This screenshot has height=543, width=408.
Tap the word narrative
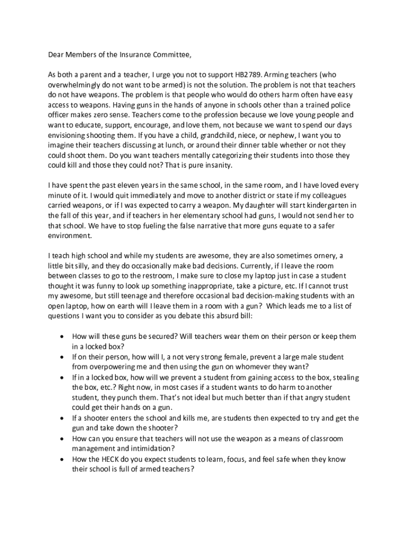coord(247,225)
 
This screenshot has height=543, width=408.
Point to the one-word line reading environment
coord(70,235)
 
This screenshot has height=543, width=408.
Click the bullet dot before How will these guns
coord(63,337)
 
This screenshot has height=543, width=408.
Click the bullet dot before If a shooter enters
coord(63,418)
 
